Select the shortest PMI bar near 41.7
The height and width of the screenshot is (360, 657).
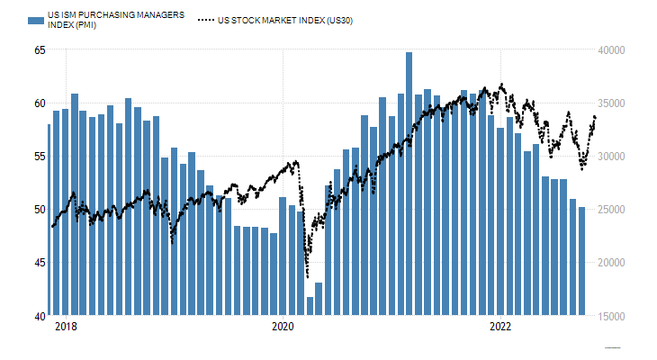(x=310, y=306)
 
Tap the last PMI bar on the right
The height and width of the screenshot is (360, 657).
(x=582, y=261)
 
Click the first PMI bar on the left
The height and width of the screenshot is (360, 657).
(x=49, y=220)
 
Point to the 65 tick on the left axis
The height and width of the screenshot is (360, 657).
(x=39, y=49)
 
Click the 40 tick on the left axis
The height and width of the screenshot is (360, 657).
(x=39, y=316)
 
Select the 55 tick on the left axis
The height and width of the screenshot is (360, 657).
(x=39, y=156)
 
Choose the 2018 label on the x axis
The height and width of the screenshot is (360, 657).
(x=66, y=327)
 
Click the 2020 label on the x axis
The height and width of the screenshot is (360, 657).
(x=283, y=327)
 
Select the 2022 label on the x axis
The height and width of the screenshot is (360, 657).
(x=500, y=327)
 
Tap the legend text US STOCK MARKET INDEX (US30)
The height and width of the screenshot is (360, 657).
(x=285, y=20)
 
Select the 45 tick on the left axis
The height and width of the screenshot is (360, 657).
(x=39, y=263)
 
